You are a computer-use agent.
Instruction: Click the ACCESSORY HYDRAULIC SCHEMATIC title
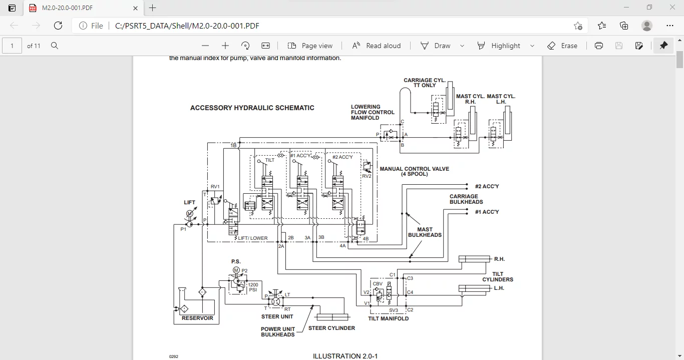coord(252,108)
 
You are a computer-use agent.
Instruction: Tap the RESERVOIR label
coord(197,318)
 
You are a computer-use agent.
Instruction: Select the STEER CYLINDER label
coord(331,328)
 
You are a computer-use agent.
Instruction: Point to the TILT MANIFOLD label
coord(388,318)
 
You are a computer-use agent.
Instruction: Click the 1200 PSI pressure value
coord(253,287)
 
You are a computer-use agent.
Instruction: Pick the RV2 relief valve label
coord(367,176)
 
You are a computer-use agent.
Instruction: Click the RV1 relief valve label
coord(215,187)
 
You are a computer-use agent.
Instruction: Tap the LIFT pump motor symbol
coord(190,214)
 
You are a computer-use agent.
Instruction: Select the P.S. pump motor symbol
coord(236,270)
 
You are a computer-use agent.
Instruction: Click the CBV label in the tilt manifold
coord(378,284)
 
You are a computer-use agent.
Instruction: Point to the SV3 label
coord(394,310)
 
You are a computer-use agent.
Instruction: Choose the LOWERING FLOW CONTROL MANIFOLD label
coord(373,112)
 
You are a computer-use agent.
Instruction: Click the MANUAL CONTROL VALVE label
coord(414,171)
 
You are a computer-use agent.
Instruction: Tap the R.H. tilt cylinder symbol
coord(474,259)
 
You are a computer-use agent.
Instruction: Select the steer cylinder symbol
coord(332,316)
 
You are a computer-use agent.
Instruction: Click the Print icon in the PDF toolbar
coord(598,46)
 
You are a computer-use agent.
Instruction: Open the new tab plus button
coord(153,8)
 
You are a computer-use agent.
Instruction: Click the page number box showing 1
coord(12,46)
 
